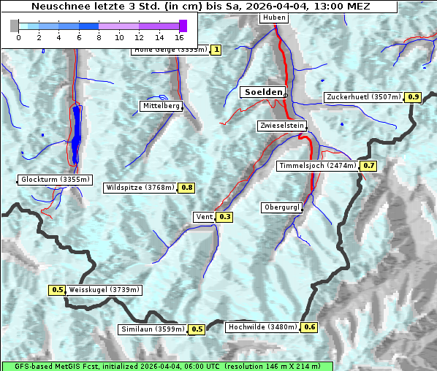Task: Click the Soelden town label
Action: coord(262,92)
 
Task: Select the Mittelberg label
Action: coord(161,106)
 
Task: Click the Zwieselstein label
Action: coord(281,126)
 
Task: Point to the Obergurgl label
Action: coord(281,207)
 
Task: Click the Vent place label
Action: coord(204,217)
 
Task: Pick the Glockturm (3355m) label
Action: coord(55,180)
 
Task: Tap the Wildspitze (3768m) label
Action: coord(140,188)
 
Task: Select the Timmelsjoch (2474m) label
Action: coord(318,166)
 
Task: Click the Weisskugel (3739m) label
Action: coord(104,290)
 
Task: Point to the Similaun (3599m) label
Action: coord(152,329)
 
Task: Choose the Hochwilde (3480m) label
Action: coord(261,327)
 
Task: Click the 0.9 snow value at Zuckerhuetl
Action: coord(414,97)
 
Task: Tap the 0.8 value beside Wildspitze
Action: coord(187,188)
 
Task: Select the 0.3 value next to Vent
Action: coord(224,217)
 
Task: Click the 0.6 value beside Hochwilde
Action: coord(309,327)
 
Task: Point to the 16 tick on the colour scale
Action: coord(179,37)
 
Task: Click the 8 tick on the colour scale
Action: coord(99,37)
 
